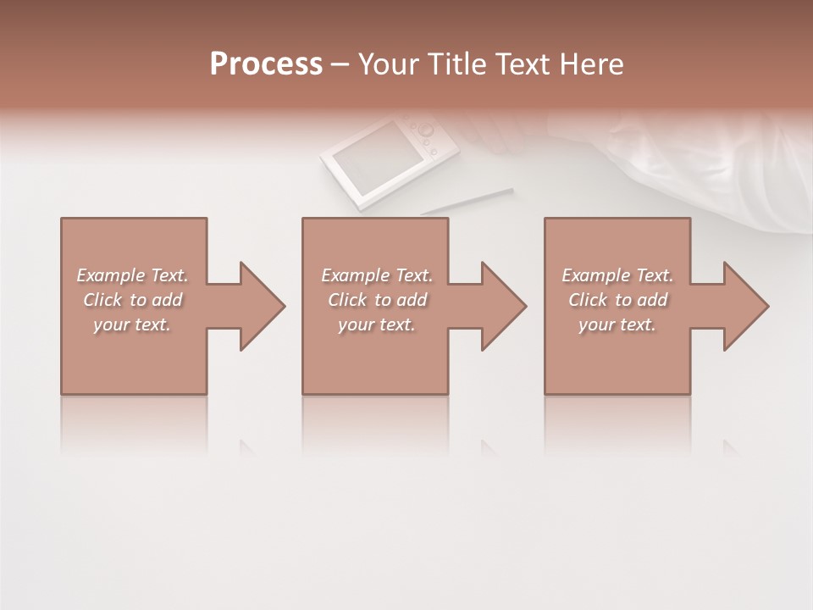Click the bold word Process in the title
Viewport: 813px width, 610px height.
pyautogui.click(x=266, y=64)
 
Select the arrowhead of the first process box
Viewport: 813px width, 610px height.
pyautogui.click(x=259, y=306)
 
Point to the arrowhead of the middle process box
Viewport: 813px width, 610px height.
pyautogui.click(x=501, y=306)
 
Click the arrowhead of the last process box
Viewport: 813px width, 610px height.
pyautogui.click(x=744, y=306)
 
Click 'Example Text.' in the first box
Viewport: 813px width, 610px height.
pyautogui.click(x=132, y=275)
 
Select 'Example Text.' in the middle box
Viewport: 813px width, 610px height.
pyautogui.click(x=377, y=275)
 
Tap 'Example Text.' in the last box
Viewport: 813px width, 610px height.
pyautogui.click(x=617, y=275)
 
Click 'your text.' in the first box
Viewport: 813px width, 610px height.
pyautogui.click(x=132, y=324)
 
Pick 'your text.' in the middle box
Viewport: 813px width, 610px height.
pyautogui.click(x=377, y=324)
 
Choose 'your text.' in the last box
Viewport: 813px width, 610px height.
pyautogui.click(x=617, y=324)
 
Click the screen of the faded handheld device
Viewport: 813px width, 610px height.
pyautogui.click(x=368, y=158)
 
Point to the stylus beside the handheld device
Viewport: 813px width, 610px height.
pyautogui.click(x=467, y=202)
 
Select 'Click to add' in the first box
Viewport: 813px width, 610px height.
pyautogui.click(x=132, y=300)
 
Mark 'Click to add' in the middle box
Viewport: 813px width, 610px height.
pyautogui.click(x=377, y=300)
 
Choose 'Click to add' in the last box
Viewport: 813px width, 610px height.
pyautogui.click(x=617, y=300)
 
